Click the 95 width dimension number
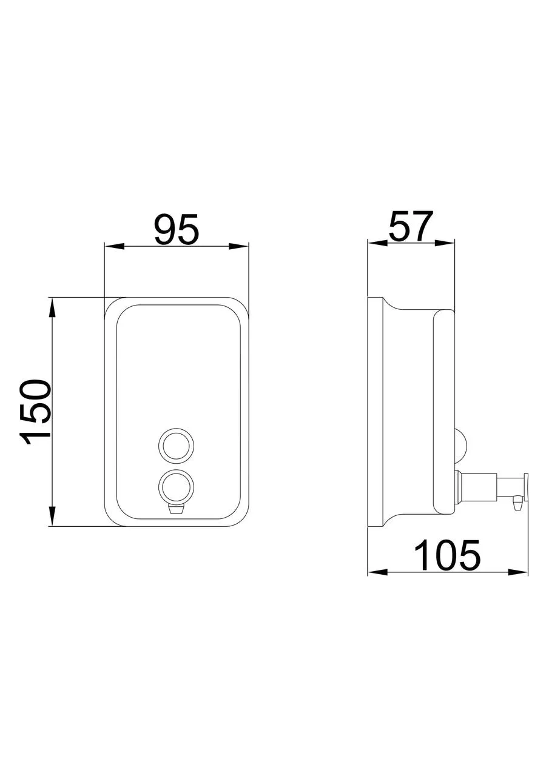(176, 230)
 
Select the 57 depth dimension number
(411, 227)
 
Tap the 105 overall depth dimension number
(447, 555)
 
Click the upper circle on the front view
(177, 444)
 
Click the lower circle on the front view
(177, 486)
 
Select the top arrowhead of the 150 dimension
(53, 307)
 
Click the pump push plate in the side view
(527, 487)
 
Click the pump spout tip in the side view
(517, 503)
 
